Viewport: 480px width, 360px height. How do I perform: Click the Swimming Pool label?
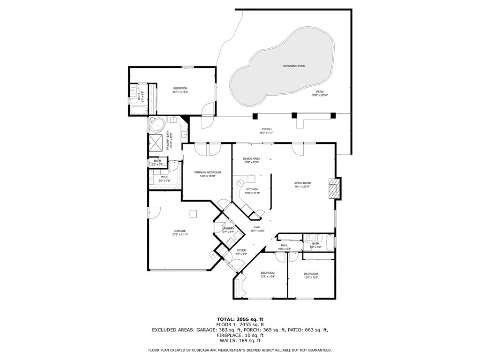[x=294, y=66]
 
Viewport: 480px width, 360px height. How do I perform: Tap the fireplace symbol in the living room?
[x=333, y=188]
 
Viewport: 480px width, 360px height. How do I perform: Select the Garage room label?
[x=180, y=231]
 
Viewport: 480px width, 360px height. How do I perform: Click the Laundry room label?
[x=228, y=228]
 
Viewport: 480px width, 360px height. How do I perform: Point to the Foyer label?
[x=241, y=250]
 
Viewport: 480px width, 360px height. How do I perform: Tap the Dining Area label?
[x=251, y=159]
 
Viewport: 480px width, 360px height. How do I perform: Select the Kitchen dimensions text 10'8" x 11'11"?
[x=252, y=193]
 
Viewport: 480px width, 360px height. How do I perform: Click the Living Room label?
[x=302, y=183]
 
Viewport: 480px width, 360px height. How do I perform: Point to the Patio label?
[x=320, y=92]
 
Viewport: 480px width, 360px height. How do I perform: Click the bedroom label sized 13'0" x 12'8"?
[x=311, y=274]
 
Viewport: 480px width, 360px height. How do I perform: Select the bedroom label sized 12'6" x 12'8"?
[x=267, y=273]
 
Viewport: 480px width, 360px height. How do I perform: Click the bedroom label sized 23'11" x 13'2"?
[x=180, y=89]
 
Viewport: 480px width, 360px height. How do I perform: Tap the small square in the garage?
[x=193, y=214]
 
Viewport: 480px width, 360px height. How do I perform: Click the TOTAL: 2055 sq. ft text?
[x=240, y=319]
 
